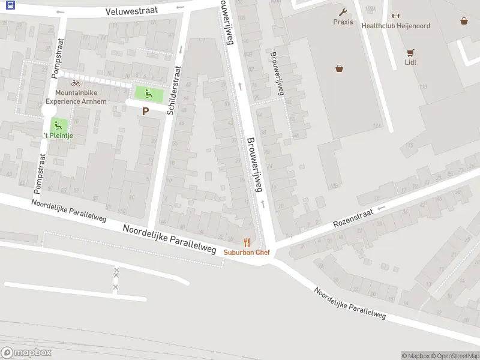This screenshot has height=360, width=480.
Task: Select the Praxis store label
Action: click(x=343, y=22)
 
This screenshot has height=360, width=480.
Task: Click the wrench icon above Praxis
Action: click(x=343, y=11)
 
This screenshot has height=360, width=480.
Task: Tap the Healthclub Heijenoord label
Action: click(x=395, y=26)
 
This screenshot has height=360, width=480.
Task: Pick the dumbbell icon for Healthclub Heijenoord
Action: click(x=395, y=16)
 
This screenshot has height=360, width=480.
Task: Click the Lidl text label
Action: click(x=410, y=62)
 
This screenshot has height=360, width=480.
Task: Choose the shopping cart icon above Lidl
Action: click(x=410, y=52)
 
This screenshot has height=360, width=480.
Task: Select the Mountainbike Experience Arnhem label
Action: click(x=76, y=97)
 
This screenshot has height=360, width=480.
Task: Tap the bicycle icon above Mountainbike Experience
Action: click(x=76, y=83)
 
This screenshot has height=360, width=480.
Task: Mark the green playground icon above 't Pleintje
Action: click(x=58, y=125)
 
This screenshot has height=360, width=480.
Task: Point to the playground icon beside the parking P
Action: click(x=148, y=93)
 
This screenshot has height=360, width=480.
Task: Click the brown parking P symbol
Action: click(x=145, y=111)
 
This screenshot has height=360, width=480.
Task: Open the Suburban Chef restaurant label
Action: click(x=247, y=253)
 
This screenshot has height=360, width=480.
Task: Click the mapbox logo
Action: click(x=26, y=353)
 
